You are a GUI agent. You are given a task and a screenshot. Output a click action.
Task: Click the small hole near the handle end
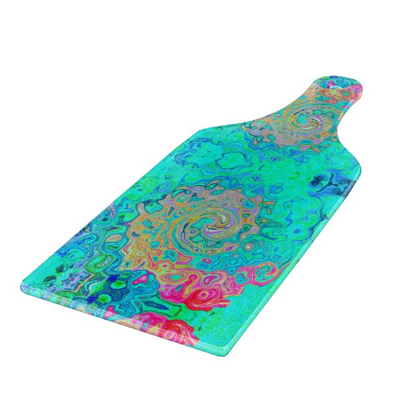[346, 92]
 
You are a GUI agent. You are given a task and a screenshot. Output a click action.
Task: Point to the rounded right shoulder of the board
[356, 173]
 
